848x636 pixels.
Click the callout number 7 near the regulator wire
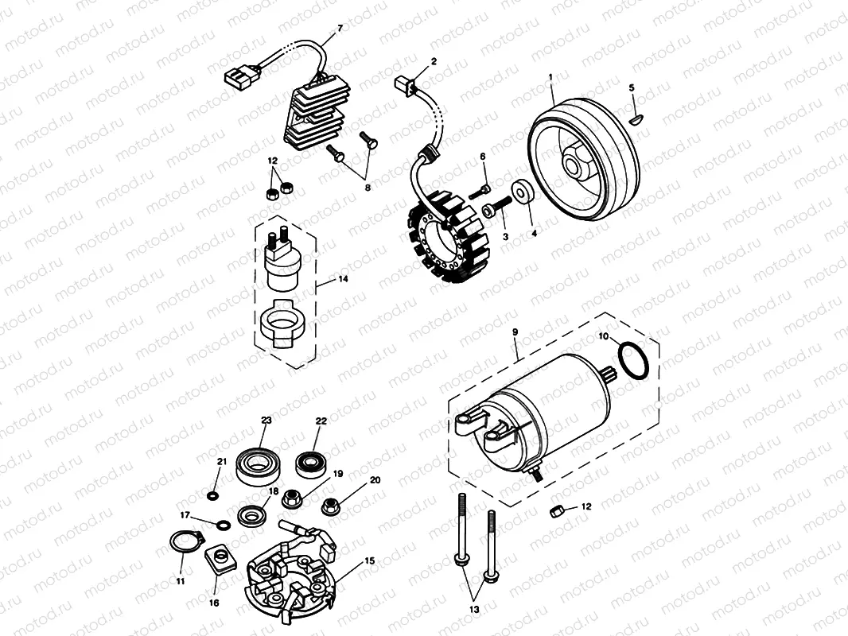point(340,29)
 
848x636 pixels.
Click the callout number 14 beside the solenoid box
point(343,279)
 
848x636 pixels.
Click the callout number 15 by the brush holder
point(369,561)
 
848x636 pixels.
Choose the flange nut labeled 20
point(330,505)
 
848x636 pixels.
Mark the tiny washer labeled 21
point(212,497)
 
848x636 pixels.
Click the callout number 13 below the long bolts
point(475,610)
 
